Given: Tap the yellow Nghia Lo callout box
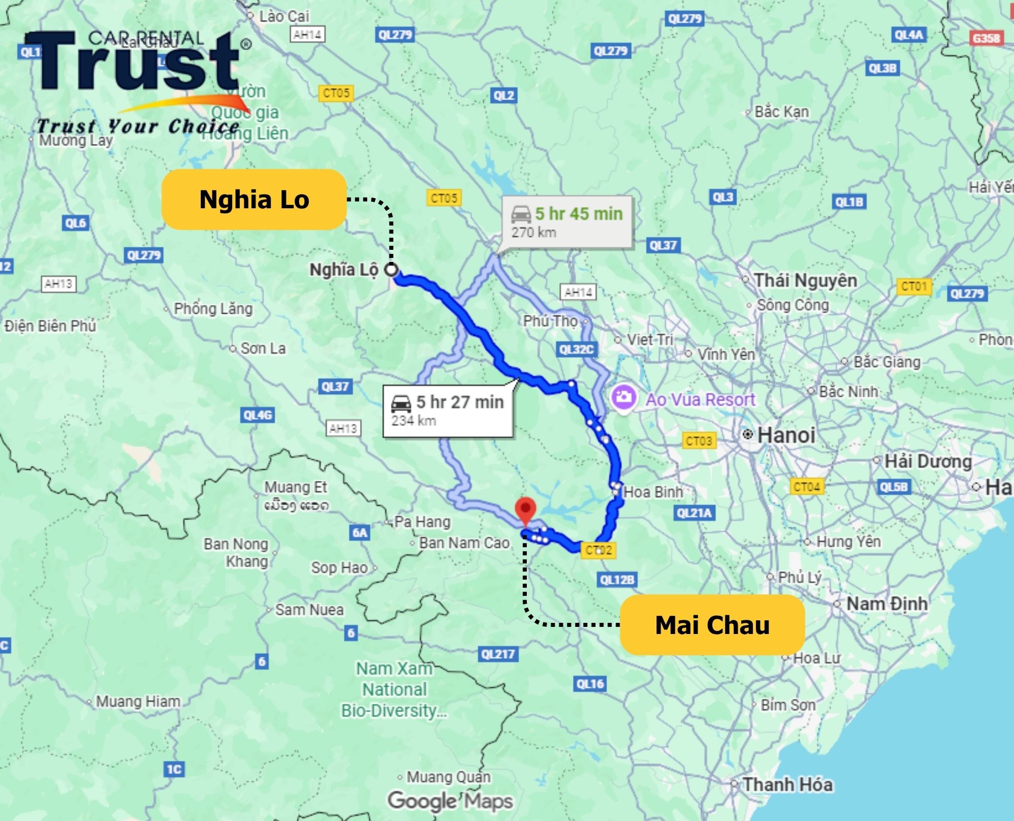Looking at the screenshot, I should [254, 199].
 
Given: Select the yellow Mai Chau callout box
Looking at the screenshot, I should [712, 624].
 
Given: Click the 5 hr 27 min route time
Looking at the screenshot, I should [460, 402].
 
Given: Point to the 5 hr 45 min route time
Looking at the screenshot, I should [578, 214].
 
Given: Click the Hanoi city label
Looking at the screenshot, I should [786, 435].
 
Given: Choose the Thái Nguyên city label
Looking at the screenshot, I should [805, 280].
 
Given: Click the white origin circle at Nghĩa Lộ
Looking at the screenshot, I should [391, 270].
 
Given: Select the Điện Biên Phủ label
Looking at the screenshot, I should [50, 326].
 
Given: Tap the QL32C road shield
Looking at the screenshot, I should [576, 349].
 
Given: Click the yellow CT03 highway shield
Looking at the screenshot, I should [699, 441].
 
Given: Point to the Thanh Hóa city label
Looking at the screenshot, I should [787, 785].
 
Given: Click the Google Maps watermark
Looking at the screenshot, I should [450, 801].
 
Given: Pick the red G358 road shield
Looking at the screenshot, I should [986, 38].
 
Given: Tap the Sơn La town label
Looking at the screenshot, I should [263, 348].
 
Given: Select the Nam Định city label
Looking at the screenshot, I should [887, 604].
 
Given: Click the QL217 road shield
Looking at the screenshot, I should [498, 654].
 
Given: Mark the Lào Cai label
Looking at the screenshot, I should [283, 16].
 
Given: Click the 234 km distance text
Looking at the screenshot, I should [414, 421].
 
